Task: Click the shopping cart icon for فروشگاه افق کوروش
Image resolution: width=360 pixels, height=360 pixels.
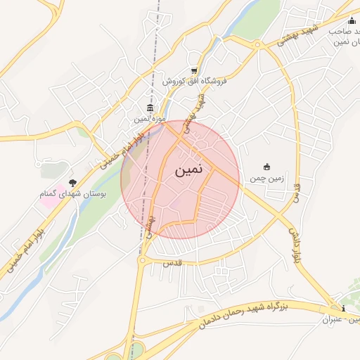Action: [x=193, y=71]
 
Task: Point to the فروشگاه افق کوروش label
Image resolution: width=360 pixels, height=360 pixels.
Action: [x=194, y=82]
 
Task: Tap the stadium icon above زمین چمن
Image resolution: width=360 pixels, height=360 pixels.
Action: [x=266, y=167]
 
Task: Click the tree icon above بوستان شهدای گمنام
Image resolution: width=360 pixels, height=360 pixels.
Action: [x=72, y=183]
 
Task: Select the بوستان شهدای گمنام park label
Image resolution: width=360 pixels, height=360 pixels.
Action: [x=74, y=194]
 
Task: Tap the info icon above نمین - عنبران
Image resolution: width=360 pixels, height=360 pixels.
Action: [x=342, y=309]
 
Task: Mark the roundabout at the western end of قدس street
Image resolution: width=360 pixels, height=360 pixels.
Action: [x=143, y=261]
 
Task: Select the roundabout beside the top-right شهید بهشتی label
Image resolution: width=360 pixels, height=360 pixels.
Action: [x=258, y=45]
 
